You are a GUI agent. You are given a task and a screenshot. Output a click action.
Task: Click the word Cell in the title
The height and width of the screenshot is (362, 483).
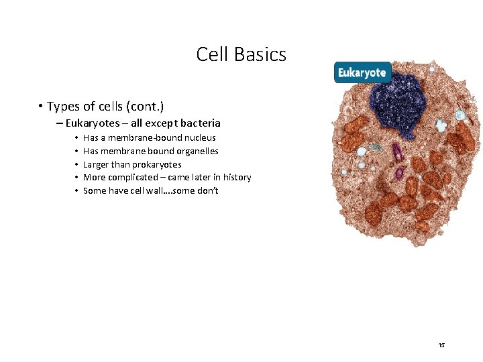211,54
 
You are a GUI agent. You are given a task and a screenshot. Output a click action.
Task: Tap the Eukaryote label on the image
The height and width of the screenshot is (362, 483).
362,72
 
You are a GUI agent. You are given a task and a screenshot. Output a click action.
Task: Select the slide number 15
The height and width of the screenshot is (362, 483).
441,345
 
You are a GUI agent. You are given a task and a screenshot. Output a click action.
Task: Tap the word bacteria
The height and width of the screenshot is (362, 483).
199,123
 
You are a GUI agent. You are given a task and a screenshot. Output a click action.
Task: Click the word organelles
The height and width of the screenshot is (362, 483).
194,151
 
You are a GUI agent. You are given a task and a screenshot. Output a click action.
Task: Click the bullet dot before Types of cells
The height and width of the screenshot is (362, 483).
42,107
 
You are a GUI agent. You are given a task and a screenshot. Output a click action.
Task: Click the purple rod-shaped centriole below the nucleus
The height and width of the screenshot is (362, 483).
396,152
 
